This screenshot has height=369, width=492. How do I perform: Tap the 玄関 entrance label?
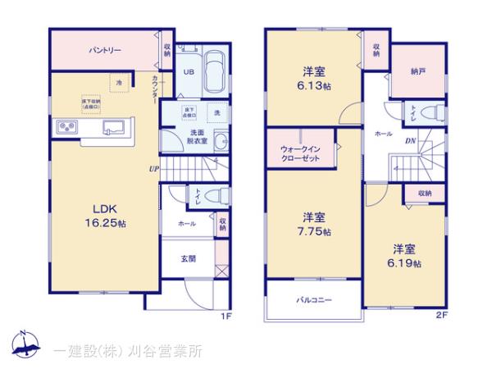(189, 258)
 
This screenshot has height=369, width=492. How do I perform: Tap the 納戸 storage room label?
(419, 71)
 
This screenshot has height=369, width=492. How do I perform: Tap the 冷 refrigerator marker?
(119, 83)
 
